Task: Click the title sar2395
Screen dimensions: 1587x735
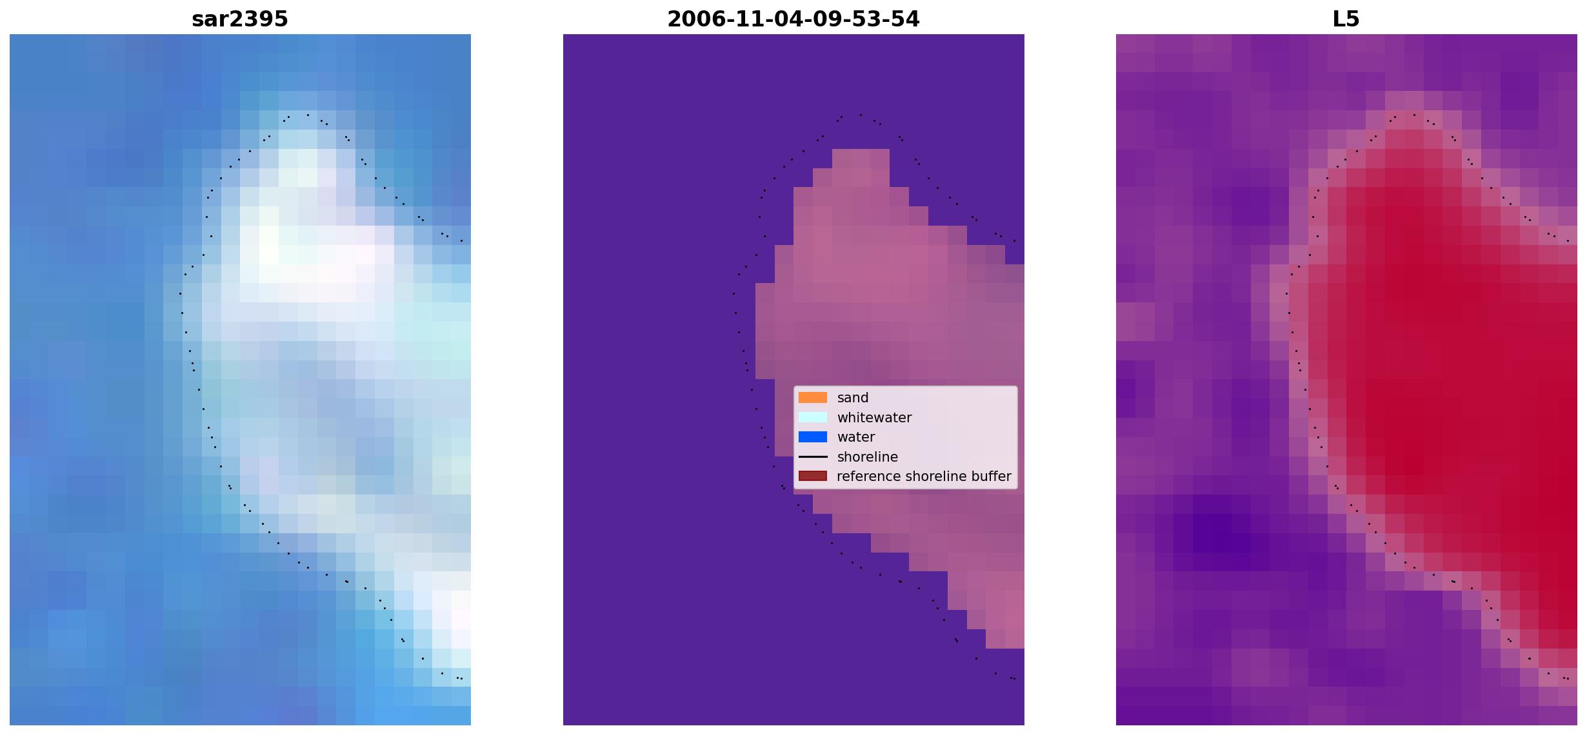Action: (x=240, y=19)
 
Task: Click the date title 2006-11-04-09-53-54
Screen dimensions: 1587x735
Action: (x=793, y=19)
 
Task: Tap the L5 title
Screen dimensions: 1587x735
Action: (x=1346, y=19)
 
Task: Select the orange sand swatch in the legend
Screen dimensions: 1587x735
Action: (x=813, y=398)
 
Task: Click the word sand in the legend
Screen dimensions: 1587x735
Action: (x=853, y=398)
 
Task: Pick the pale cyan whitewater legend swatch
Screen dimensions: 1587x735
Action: (x=813, y=417)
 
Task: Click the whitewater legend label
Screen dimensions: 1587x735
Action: (x=874, y=418)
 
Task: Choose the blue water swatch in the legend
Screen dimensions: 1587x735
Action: (x=813, y=437)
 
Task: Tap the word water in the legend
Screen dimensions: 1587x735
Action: (x=856, y=437)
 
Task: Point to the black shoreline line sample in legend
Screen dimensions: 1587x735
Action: (x=813, y=456)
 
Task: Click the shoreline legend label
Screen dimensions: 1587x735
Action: (x=868, y=457)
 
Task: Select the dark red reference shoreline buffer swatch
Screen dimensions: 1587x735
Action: (x=813, y=476)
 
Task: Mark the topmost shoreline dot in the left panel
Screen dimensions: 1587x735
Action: (x=308, y=115)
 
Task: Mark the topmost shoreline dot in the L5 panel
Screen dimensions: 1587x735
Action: (x=1414, y=115)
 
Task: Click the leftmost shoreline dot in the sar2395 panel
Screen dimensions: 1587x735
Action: (x=180, y=293)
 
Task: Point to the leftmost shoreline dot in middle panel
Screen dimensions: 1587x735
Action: (x=734, y=293)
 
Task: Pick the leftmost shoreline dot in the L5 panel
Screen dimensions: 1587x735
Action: (x=1286, y=293)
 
